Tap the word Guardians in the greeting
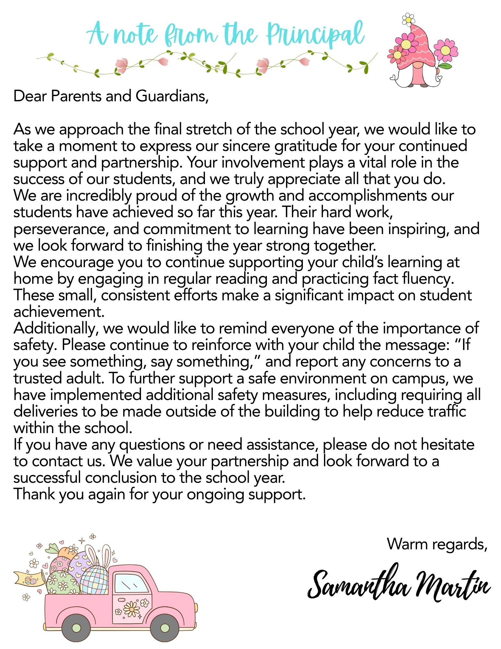click(x=172, y=96)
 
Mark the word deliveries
click(x=45, y=411)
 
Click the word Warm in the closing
click(x=406, y=544)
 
